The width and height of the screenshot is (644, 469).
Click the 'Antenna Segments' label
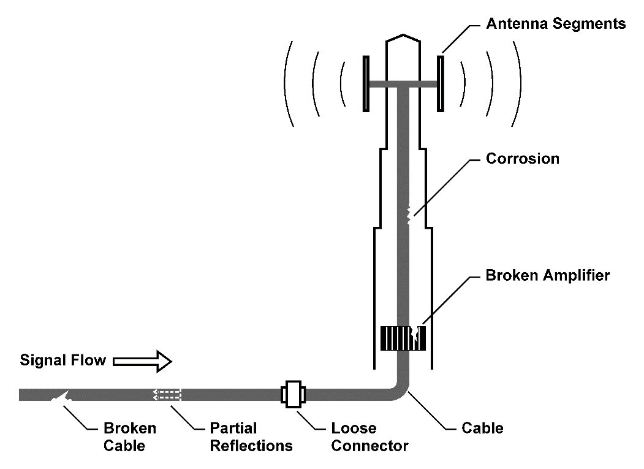pos(555,25)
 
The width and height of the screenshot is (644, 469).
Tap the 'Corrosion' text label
pos(522,159)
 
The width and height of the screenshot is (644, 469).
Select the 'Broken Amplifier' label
pos(547,275)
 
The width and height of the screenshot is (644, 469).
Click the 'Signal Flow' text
pos(63,360)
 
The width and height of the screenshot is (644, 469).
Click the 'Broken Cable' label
pos(130,437)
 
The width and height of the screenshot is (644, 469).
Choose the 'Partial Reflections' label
pos(251,437)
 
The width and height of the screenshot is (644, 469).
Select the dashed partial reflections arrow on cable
pos(167,394)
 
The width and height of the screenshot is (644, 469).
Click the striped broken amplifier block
pos(403,338)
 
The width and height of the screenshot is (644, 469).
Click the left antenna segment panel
pos(366,83)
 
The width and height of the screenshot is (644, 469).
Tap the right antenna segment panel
pos(440,83)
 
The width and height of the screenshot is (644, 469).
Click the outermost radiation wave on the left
pos(287,83)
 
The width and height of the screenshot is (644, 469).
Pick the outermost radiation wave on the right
pos(518,83)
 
